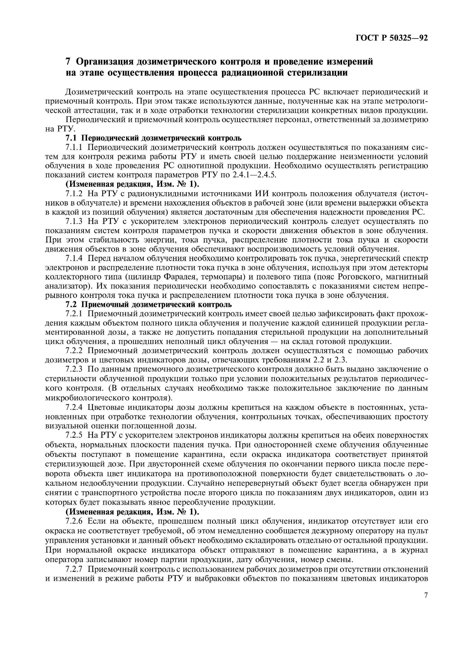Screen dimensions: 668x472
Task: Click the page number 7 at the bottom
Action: pyautogui.click(x=426, y=596)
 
